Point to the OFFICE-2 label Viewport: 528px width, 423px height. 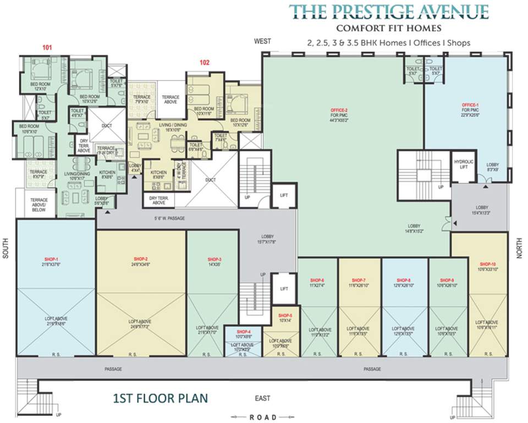point(339,110)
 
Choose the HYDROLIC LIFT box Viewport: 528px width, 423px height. point(464,164)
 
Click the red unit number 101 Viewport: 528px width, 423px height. point(47,48)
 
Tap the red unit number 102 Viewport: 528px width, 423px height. point(205,63)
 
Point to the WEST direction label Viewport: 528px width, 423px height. point(262,42)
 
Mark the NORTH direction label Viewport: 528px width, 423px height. point(519,253)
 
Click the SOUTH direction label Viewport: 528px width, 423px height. point(7,253)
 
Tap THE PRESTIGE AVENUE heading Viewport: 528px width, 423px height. point(389,11)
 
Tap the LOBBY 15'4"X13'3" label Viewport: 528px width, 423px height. point(477,209)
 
